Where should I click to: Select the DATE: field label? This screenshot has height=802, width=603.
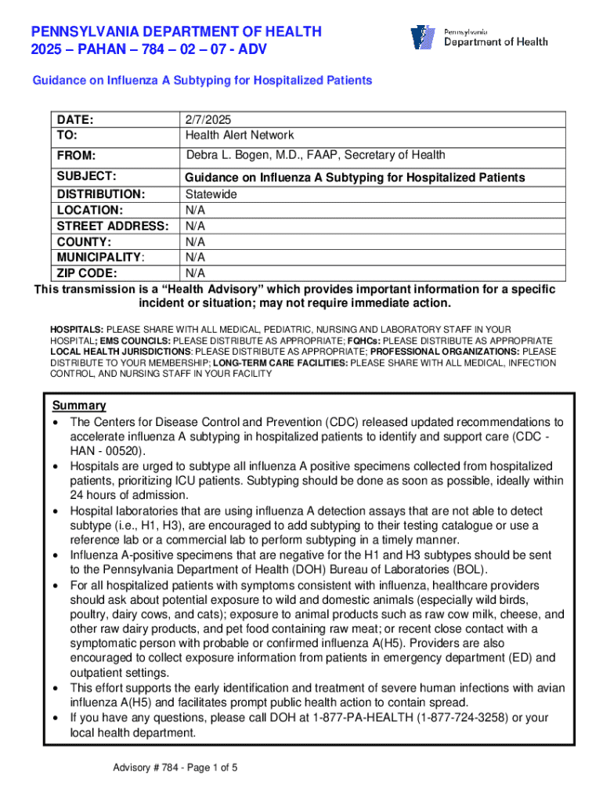pyautogui.click(x=74, y=120)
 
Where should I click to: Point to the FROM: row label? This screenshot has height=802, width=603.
pyautogui.click(x=74, y=155)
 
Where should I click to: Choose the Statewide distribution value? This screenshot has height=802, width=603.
pyautogui.click(x=211, y=193)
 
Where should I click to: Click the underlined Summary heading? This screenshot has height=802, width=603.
pyautogui.click(x=78, y=406)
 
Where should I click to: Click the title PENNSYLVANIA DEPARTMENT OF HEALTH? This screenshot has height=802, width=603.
pyautogui.click(x=176, y=31)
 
